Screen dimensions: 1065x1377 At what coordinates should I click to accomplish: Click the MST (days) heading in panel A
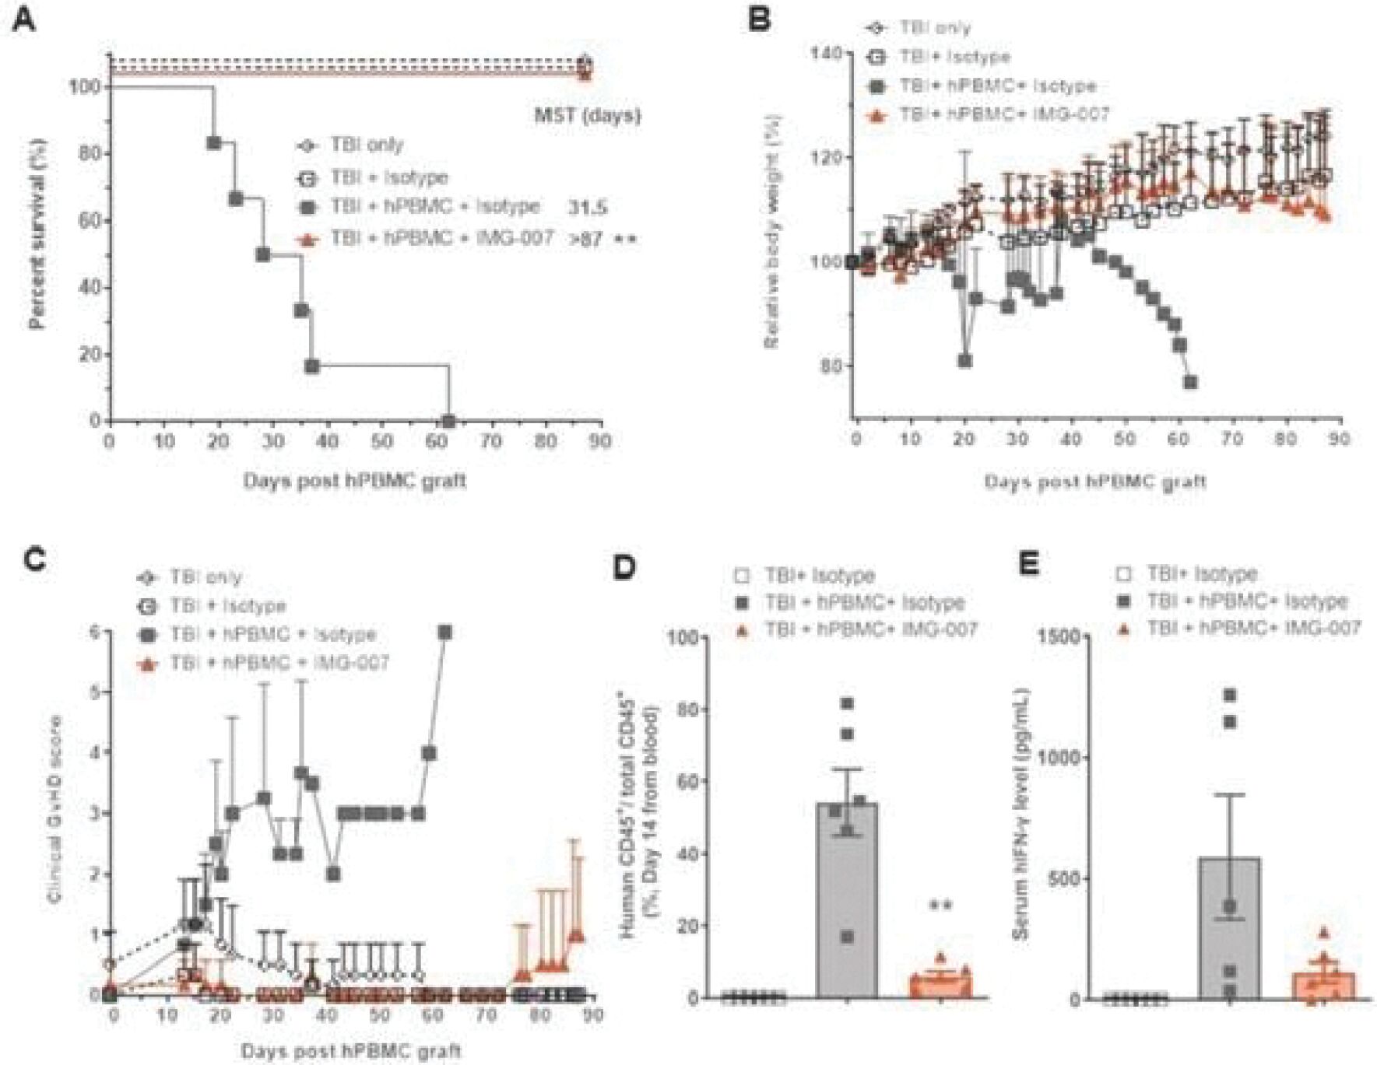click(x=587, y=116)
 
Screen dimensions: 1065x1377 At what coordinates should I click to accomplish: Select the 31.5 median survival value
click(x=588, y=208)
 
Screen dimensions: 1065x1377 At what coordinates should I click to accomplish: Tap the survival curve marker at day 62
click(x=448, y=422)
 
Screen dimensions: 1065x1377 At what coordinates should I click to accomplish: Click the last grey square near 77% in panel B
click(x=1189, y=382)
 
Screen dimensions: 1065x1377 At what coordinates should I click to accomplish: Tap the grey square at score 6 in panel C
click(x=445, y=632)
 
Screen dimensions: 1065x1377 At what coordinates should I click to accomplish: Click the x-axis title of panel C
click(x=350, y=1051)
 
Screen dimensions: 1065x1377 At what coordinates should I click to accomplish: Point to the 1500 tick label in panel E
click(x=1059, y=637)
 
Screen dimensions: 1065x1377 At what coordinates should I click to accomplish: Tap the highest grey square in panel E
click(x=1230, y=695)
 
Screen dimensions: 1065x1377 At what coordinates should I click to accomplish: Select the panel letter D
click(x=625, y=566)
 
